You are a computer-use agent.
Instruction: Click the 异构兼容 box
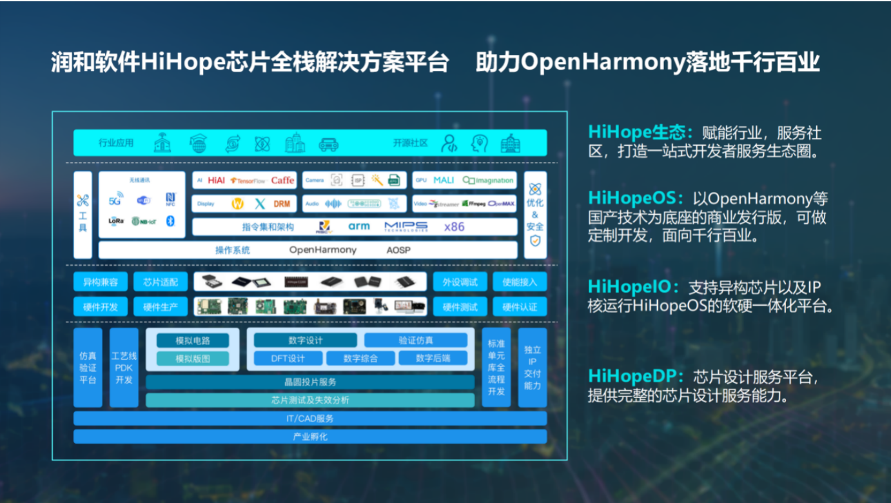[x=100, y=282]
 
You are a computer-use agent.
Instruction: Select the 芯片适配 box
[x=160, y=282]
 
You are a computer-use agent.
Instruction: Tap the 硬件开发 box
[x=100, y=307]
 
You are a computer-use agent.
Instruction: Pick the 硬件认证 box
[x=520, y=307]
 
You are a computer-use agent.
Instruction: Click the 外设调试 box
[x=460, y=282]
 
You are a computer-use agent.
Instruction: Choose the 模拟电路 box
[x=193, y=340]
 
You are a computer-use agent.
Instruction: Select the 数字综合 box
[x=360, y=359]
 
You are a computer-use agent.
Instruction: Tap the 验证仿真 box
[x=416, y=340]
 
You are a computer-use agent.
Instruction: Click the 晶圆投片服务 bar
[x=310, y=382]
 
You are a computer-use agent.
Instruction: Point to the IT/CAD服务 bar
[x=310, y=419]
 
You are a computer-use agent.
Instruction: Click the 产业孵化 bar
[x=310, y=437]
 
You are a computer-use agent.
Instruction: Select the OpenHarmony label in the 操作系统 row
[x=322, y=250]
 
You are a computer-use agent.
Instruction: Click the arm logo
[x=359, y=227]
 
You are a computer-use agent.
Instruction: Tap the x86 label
[x=454, y=227]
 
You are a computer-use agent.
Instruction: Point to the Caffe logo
[x=282, y=181]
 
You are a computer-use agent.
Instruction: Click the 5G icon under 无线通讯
[x=115, y=201]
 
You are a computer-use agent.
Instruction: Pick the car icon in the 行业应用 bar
[x=328, y=143]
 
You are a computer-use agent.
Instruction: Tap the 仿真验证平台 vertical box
[x=88, y=368]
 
